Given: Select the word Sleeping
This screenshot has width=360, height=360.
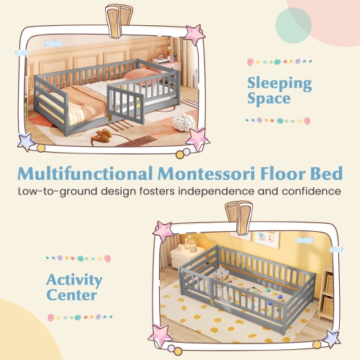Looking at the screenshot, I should tap(280, 83).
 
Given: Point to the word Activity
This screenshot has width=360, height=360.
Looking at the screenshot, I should tap(75, 280).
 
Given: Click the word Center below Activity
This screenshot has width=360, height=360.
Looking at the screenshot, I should tap(72, 295).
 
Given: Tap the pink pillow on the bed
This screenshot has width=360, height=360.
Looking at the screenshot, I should tap(146, 74).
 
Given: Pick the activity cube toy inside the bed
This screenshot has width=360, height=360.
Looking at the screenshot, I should tap(222, 274).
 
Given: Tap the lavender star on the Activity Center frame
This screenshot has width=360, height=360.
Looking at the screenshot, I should tap(331, 337).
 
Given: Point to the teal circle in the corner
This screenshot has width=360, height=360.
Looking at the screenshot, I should tap(293, 27).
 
